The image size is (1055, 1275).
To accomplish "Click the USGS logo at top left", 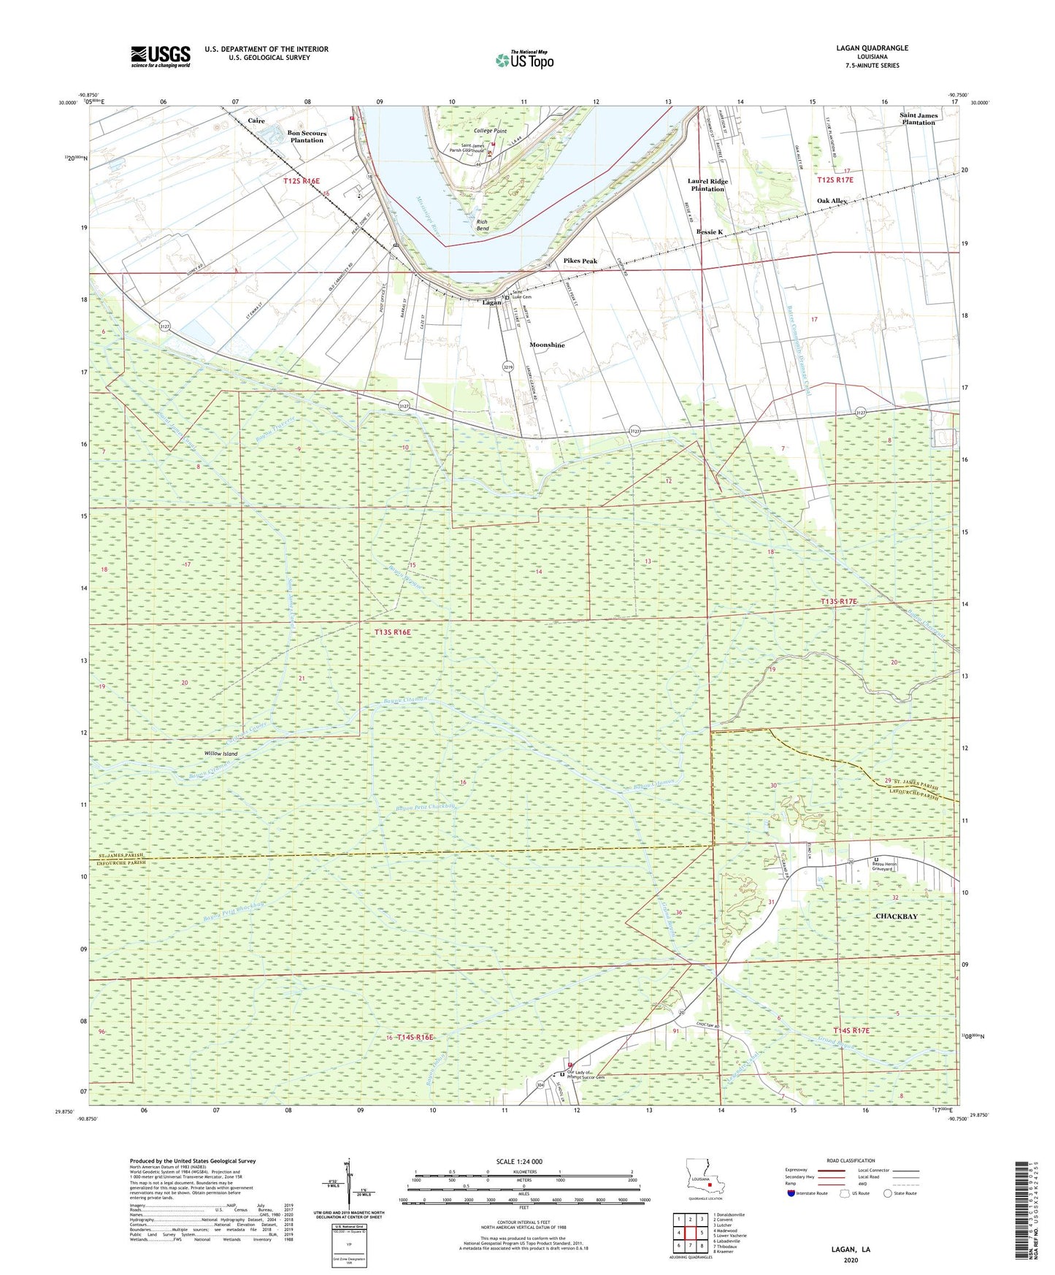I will coord(160,55).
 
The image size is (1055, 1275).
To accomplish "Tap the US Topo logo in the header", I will coord(524,60).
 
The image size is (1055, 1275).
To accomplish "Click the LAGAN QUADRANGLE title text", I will coord(872,48).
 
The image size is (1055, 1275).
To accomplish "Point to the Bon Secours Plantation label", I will coord(307,137).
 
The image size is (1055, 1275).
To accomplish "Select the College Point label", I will coord(490,131).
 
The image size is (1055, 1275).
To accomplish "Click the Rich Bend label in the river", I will coord(482,225).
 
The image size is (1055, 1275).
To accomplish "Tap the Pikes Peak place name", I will coord(580,261).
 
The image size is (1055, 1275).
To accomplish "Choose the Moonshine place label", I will coord(547,345).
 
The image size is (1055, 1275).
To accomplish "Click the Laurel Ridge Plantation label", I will coord(707,185).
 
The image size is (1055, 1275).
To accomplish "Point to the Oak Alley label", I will coord(832,201).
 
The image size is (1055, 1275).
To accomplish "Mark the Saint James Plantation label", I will coord(918,119).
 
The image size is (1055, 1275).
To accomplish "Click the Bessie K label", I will coord(709,232).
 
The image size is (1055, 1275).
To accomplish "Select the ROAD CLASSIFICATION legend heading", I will coord(850,1160).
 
